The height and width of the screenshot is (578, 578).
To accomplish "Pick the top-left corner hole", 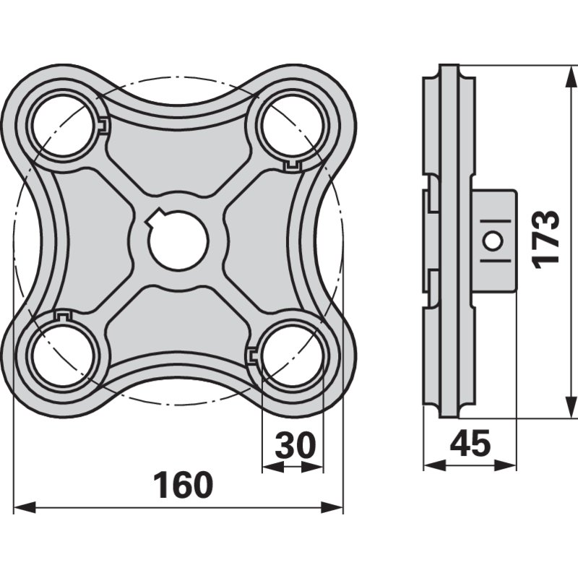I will [64, 128].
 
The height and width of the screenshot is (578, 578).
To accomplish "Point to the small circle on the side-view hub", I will [493, 241].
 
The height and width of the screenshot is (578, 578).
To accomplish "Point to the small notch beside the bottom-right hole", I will [251, 355].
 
